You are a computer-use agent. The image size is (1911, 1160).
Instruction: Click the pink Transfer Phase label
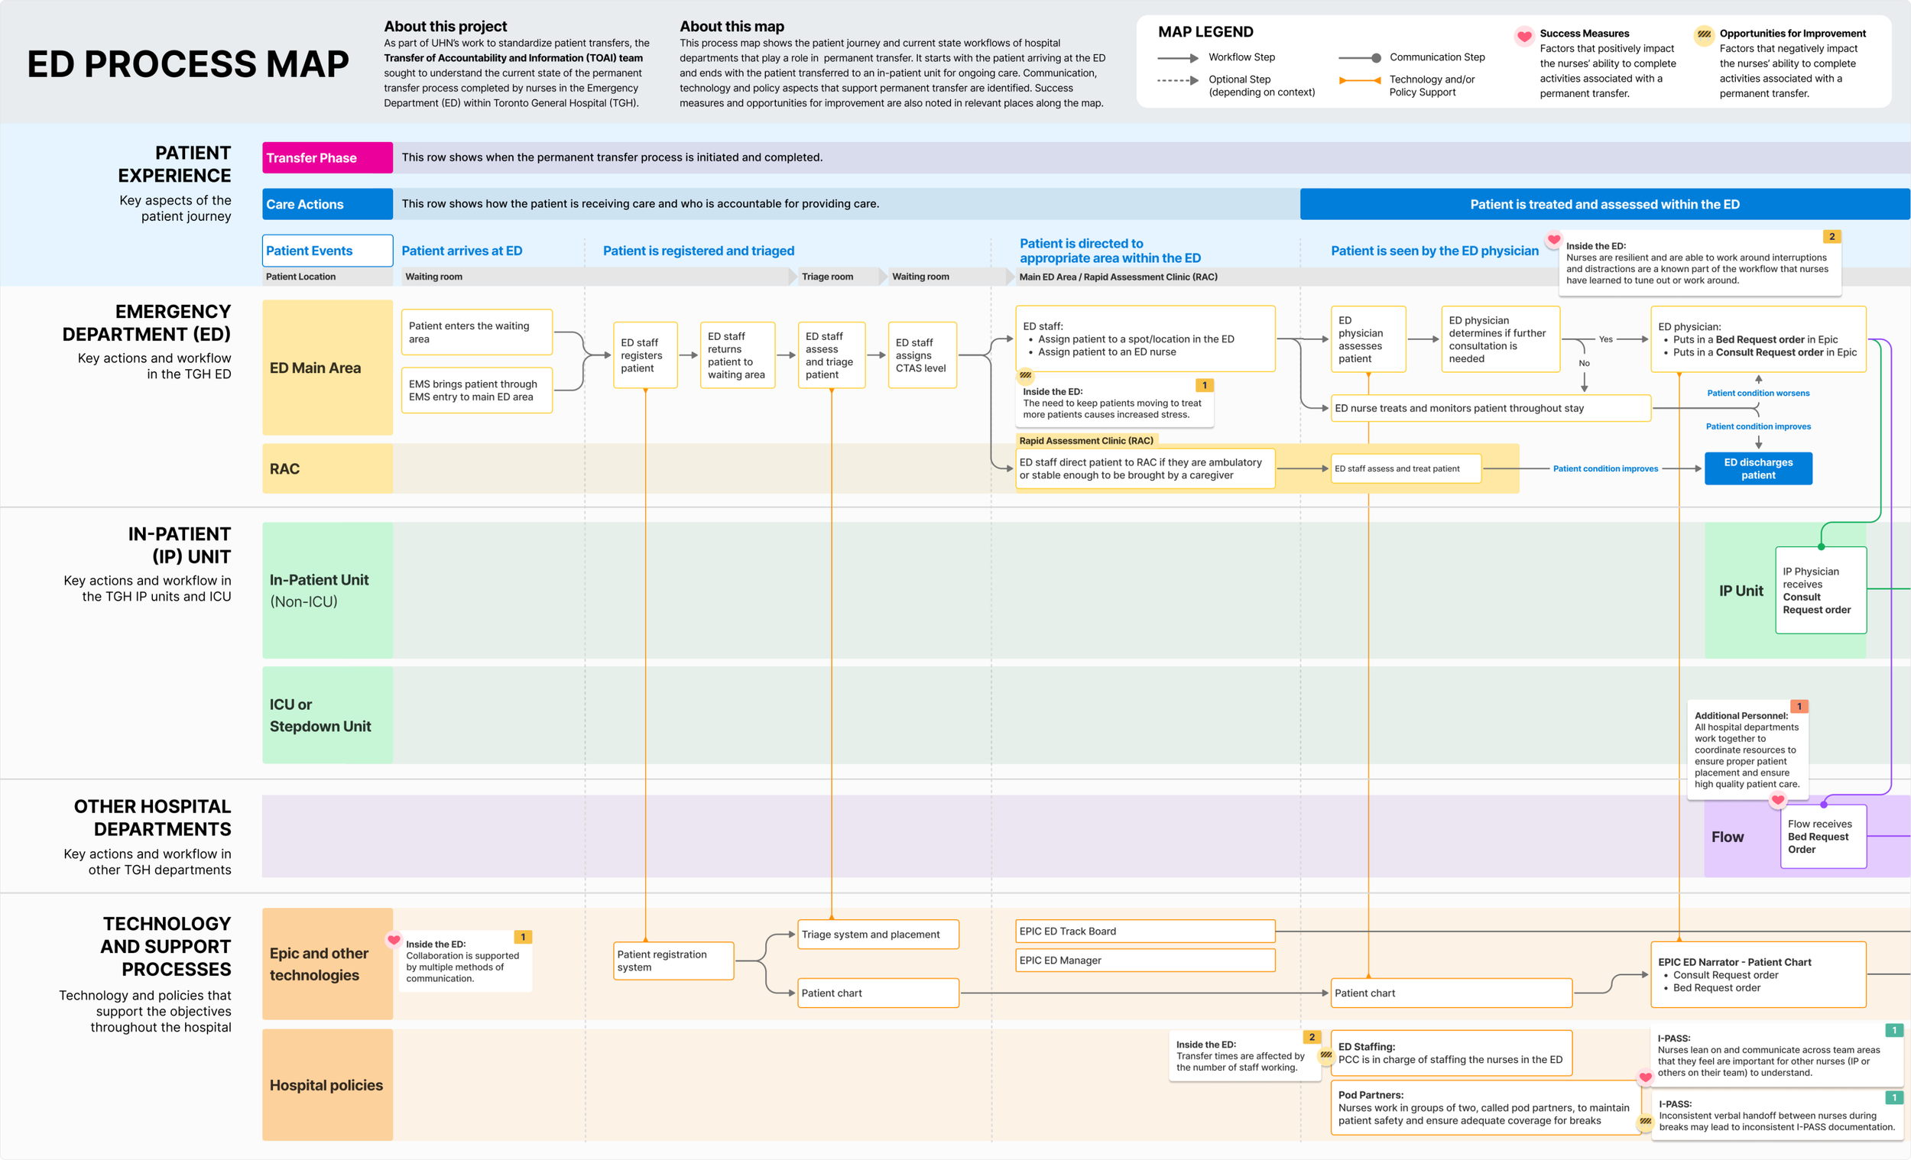pyautogui.click(x=327, y=157)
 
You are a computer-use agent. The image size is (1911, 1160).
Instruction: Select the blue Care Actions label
pyautogui.click(x=327, y=204)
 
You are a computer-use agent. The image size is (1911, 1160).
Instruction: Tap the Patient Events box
pyautogui.click(x=327, y=251)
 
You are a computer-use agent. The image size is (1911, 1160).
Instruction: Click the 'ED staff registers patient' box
pyautogui.click(x=645, y=355)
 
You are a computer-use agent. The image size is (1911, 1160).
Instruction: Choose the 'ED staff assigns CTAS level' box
pyautogui.click(x=921, y=355)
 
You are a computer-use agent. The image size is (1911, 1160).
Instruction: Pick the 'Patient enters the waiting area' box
pyautogui.click(x=477, y=332)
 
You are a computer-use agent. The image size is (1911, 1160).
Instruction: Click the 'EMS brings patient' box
pyautogui.click(x=477, y=390)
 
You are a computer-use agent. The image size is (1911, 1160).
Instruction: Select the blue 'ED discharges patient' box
pyautogui.click(x=1758, y=468)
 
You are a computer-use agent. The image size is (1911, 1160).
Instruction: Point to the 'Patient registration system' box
pyautogui.click(x=673, y=961)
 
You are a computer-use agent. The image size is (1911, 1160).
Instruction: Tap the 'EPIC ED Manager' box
pyautogui.click(x=1146, y=960)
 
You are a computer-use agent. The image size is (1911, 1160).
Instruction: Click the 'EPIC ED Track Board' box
pyautogui.click(x=1146, y=932)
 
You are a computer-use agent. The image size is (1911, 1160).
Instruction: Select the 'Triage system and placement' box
pyautogui.click(x=879, y=935)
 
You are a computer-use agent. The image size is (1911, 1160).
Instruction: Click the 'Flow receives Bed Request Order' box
pyautogui.click(x=1823, y=837)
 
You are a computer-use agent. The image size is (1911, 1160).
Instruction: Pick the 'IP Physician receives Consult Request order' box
pyautogui.click(x=1821, y=590)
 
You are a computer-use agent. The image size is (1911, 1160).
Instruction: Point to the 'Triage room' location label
pyautogui.click(x=828, y=277)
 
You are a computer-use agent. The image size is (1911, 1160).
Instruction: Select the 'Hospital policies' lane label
pyautogui.click(x=327, y=1085)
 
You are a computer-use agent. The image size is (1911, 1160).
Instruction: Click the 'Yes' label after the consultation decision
pyautogui.click(x=1605, y=339)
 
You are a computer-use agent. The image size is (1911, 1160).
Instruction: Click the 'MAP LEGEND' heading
pyautogui.click(x=1205, y=32)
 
